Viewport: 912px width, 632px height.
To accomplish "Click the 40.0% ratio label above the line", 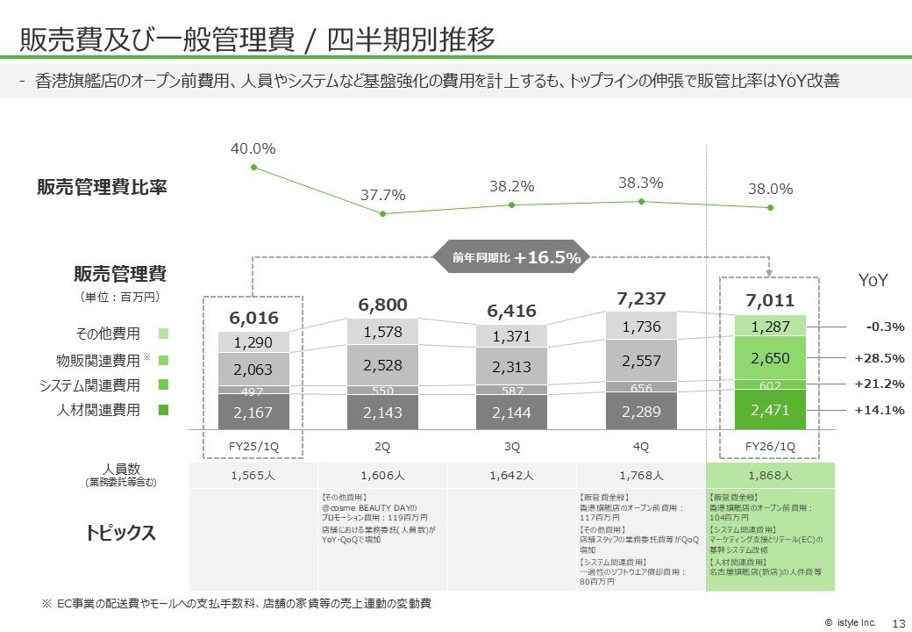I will coord(253,149).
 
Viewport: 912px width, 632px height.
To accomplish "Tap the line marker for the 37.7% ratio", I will coord(383,213).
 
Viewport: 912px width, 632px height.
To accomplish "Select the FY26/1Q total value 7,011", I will coord(770,301).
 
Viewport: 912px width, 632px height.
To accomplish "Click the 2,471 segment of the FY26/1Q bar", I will coord(770,410).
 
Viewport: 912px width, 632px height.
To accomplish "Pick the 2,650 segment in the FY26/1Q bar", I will coord(770,358).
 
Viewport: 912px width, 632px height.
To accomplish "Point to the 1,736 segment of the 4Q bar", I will coord(641,327).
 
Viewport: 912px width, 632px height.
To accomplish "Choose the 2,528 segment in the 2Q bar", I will coord(382,364).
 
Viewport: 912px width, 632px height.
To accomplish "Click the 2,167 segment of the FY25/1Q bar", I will coord(253,412).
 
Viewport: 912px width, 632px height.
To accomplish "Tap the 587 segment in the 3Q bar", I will coord(512,389).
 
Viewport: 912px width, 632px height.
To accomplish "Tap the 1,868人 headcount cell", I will coord(770,476).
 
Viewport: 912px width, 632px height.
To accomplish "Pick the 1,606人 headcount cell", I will coord(382,476).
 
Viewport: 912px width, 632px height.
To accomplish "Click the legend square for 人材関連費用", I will coord(164,410).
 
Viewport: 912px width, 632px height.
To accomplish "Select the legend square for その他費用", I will coord(164,334).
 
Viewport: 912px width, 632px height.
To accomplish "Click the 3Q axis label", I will coord(512,446).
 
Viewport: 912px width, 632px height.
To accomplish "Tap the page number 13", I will coord(897,622).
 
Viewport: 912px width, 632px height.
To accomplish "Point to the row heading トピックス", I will coord(121,532).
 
